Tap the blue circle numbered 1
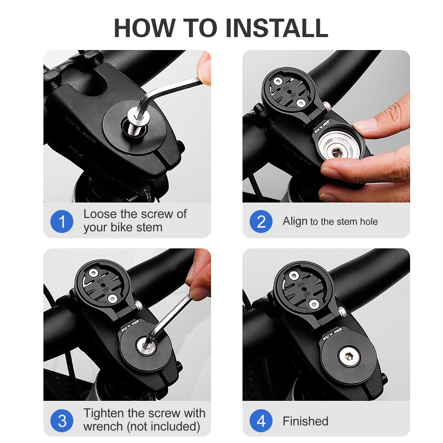tap(62, 221)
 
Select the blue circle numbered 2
tap(261, 221)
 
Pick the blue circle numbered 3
tap(62, 421)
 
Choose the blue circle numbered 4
tap(261, 421)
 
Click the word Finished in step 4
tap(305, 421)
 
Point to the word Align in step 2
tap(295, 222)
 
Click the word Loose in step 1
tap(100, 214)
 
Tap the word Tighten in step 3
tap(104, 413)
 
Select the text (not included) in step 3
tap(163, 427)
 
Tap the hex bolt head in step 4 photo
tap(349, 357)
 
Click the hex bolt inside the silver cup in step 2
tap(336, 152)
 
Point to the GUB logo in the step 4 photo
tap(332, 334)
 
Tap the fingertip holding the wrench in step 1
tap(204, 67)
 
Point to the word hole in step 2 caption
tap(369, 221)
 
